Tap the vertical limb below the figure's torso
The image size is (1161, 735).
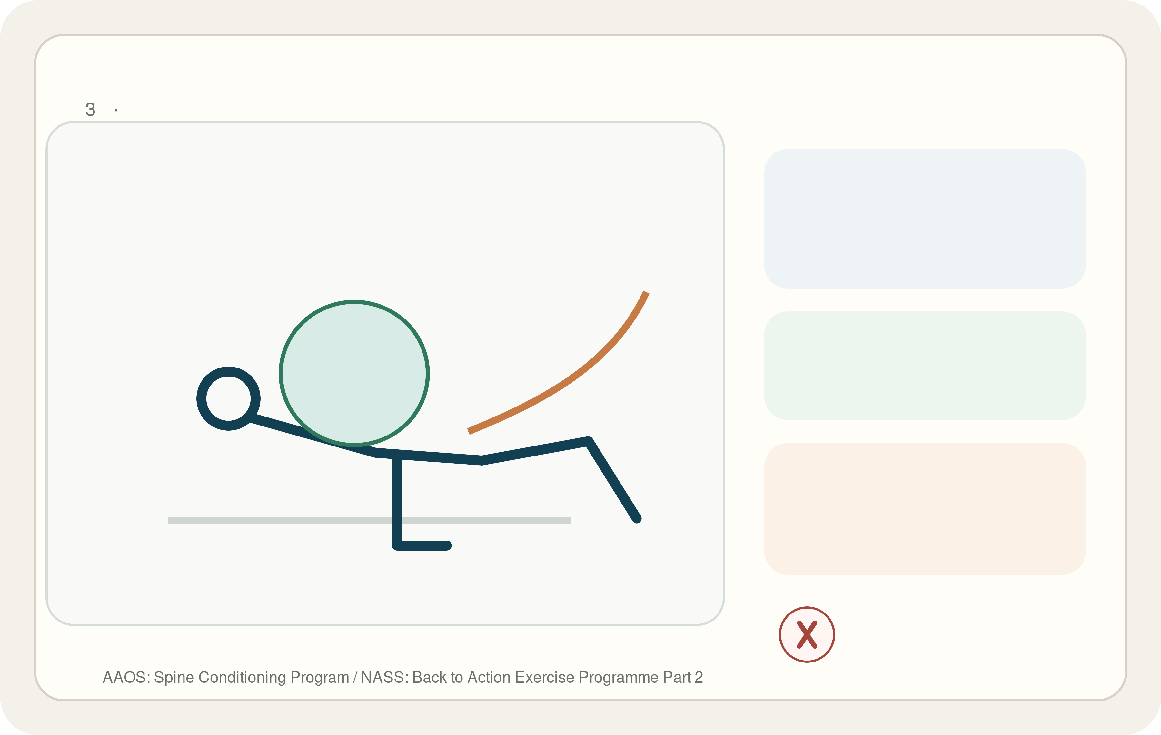(397, 501)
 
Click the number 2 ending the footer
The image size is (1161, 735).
(699, 678)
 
